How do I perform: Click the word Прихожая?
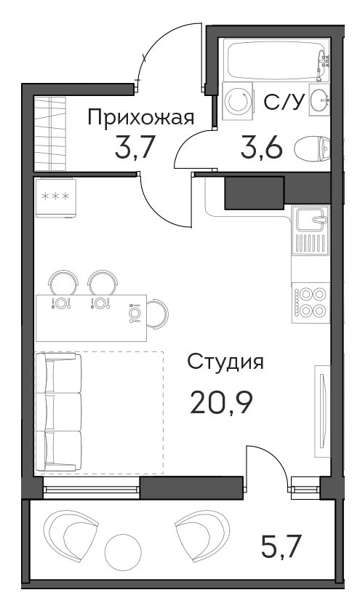[141, 119]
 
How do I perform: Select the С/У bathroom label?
[282, 102]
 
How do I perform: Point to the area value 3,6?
[262, 148]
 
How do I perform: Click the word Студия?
[225, 363]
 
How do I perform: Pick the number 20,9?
[221, 403]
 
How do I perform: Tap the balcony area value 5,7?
[281, 546]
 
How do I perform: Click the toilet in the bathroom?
[313, 148]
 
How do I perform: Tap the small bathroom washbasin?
[319, 100]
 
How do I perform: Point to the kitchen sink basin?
[312, 218]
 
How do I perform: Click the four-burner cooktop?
[311, 302]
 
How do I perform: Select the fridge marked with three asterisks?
[55, 197]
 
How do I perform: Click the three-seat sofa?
[59, 412]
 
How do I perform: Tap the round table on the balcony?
[123, 552]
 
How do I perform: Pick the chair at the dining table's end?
[158, 314]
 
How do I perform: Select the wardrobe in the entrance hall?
[50, 134]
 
